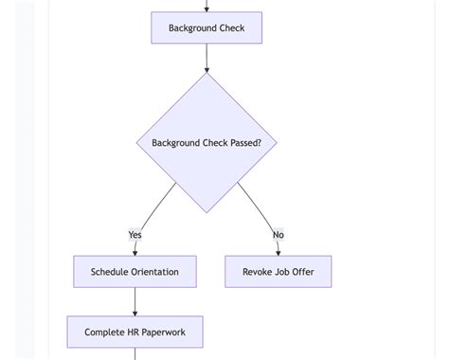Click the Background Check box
click(207, 28)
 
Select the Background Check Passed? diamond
click(207, 143)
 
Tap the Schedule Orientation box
click(135, 272)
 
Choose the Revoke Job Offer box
click(278, 272)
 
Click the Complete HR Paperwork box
click(135, 333)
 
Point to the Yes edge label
click(135, 235)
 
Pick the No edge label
click(278, 235)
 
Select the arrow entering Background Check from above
click(207, 6)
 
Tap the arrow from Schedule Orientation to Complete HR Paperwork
click(135, 301)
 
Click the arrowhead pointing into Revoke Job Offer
click(278, 252)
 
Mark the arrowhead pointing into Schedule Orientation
click(135, 252)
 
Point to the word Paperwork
click(162, 333)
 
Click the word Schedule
click(109, 272)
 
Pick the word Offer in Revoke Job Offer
click(302, 272)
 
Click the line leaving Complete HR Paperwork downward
click(135, 354)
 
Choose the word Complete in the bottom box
click(104, 333)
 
